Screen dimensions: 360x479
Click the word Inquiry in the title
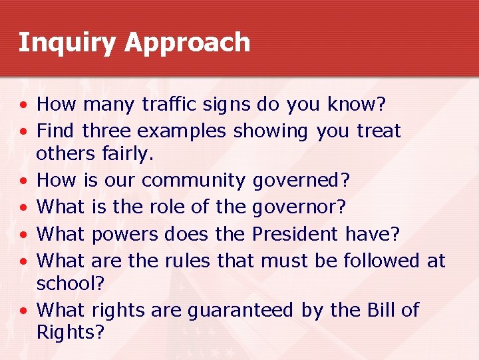(67, 43)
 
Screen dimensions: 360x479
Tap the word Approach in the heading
(187, 43)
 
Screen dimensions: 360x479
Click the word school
(70, 284)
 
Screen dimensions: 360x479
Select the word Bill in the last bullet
(378, 309)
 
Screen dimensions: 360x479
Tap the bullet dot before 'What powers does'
(23, 235)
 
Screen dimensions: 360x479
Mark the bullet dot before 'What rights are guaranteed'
(23, 311)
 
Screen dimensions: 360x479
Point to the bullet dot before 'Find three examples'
(23, 132)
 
